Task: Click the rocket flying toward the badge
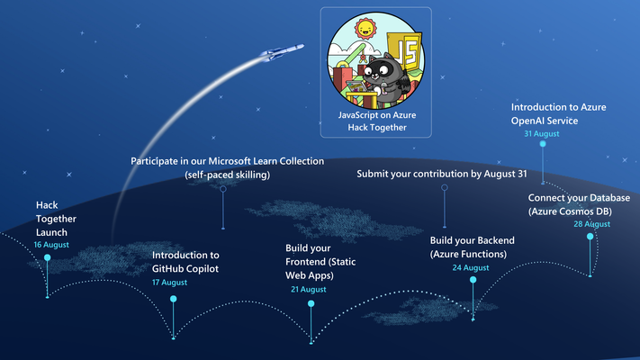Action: (282, 52)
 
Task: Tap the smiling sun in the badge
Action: (365, 29)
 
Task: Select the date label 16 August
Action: (51, 245)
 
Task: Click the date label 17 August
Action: (169, 283)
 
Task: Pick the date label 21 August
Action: (309, 290)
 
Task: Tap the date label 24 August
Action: (471, 268)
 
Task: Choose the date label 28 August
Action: (591, 224)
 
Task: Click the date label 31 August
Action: (542, 134)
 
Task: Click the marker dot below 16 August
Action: (48, 257)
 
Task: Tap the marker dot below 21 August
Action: (311, 303)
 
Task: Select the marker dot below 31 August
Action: (543, 144)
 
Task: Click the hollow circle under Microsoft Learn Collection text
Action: (223, 189)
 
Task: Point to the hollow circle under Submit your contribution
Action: (445, 188)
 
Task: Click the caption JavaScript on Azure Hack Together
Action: (377, 121)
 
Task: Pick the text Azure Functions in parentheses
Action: (468, 255)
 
